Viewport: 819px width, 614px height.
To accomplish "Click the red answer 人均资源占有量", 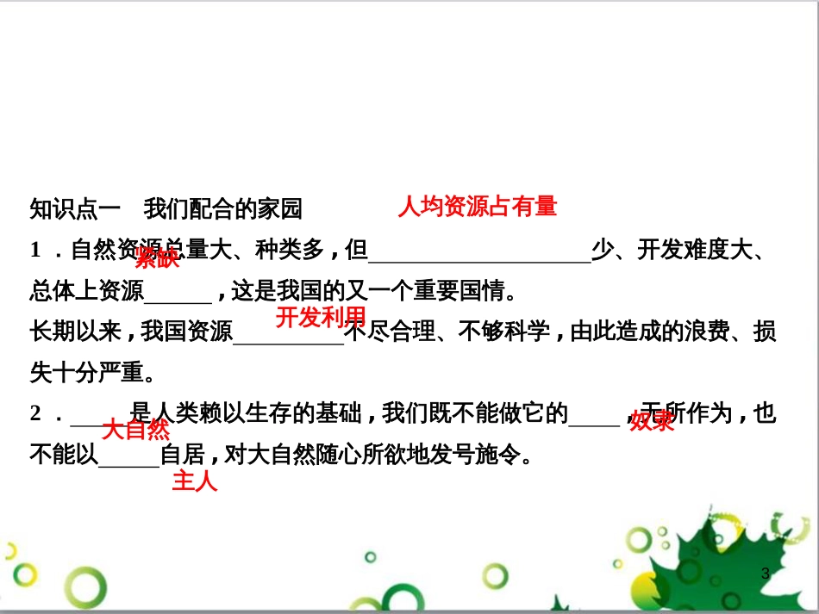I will click(477, 207).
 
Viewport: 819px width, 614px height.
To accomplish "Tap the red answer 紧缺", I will click(157, 257).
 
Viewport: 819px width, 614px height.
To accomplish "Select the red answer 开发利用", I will click(321, 318).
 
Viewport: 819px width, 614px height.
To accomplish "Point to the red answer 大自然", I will click(136, 430).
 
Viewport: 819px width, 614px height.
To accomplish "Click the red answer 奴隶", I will click(652, 421).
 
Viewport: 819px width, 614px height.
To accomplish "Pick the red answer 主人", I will click(195, 481).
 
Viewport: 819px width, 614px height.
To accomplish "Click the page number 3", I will click(765, 574).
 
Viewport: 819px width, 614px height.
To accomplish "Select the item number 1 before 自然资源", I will click(36, 251).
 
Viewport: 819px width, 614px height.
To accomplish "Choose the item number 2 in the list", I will click(36, 413).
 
